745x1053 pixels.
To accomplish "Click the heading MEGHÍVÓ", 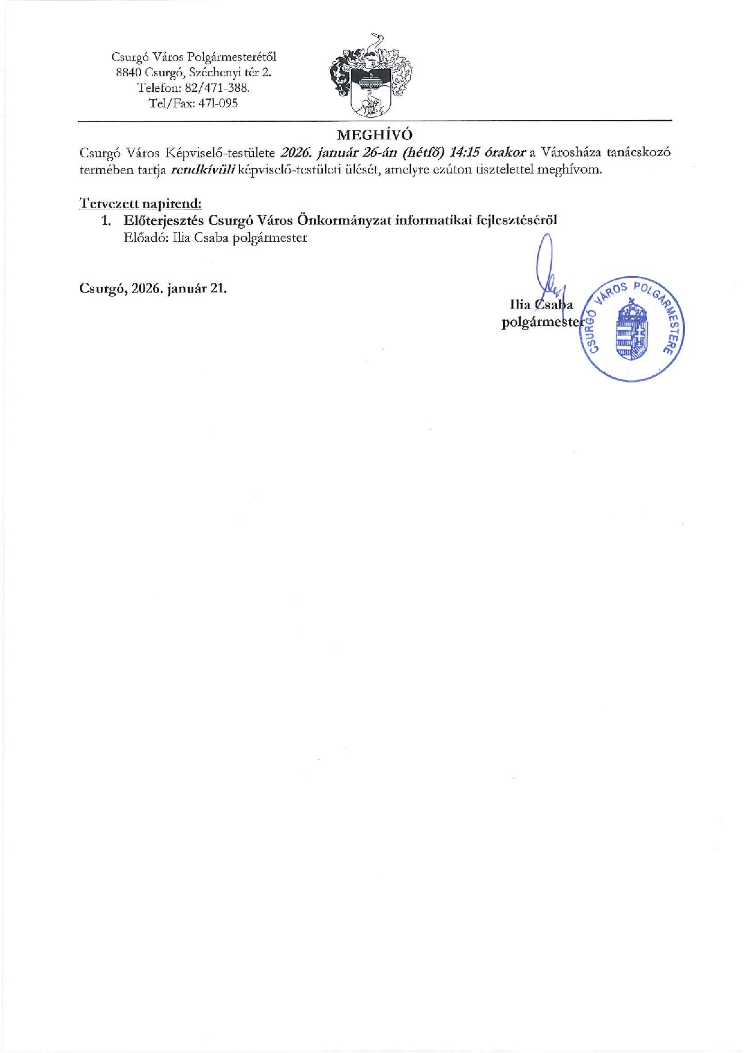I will point(375,134).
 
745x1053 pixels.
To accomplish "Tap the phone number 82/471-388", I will point(217,88).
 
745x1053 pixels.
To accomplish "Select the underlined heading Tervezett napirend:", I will point(140,203).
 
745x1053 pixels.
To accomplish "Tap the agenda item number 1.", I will point(106,220).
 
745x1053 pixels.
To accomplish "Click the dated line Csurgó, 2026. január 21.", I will point(153,288).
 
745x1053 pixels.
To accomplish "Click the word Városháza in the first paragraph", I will point(572,152).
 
